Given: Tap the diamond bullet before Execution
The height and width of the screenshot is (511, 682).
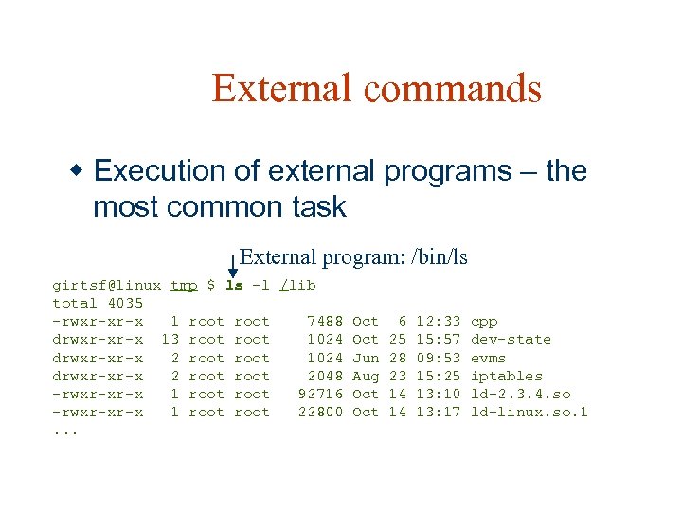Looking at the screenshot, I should (x=79, y=171).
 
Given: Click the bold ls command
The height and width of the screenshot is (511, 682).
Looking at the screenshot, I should (x=234, y=285).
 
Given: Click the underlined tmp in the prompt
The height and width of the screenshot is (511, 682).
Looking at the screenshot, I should (x=184, y=285).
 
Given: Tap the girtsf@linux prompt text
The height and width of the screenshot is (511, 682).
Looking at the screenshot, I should (x=106, y=285).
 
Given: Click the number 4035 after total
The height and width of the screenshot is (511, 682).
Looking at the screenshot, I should (x=125, y=303).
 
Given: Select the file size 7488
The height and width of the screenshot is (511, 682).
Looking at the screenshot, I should (x=325, y=322).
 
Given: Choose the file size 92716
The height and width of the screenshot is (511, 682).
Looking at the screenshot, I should (x=320, y=394).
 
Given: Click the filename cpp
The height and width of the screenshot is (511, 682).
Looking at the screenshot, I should (x=484, y=322).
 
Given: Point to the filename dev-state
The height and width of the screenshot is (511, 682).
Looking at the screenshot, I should (x=511, y=340).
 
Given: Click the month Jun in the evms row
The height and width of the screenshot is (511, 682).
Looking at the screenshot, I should (x=365, y=358).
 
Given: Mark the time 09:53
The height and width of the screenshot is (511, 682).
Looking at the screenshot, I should (x=439, y=358).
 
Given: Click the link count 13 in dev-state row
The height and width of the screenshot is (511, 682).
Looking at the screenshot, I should (x=170, y=340).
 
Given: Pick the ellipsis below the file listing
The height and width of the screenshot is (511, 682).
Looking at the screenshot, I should (x=65, y=432).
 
